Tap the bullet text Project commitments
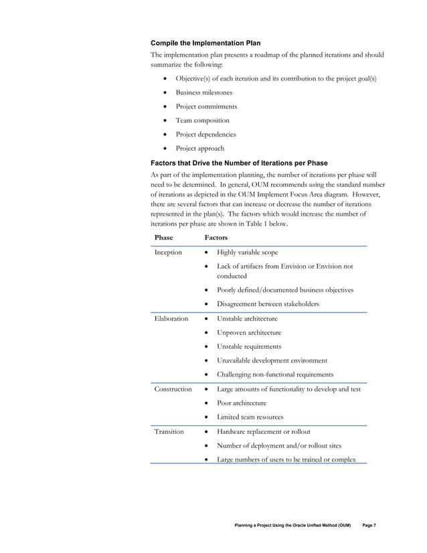click(x=206, y=106)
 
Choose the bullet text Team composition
click(x=202, y=121)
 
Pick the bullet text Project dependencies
click(x=205, y=135)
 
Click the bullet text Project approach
click(x=199, y=149)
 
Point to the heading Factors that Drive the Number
click(x=239, y=163)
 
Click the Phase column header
click(x=163, y=238)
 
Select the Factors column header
click(x=216, y=238)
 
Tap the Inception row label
click(x=168, y=252)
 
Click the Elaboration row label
click(x=171, y=318)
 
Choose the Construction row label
click(x=173, y=389)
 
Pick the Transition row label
click(x=169, y=432)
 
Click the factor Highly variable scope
click(x=247, y=252)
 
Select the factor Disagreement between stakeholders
click(x=268, y=304)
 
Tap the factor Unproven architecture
click(x=249, y=332)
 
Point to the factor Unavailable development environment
click(x=272, y=360)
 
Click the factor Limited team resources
click(x=250, y=417)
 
